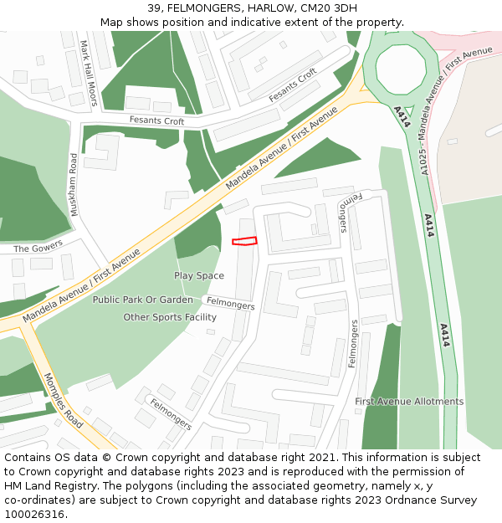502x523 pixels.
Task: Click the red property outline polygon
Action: coord(244,242)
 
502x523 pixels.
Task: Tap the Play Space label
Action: coord(199,276)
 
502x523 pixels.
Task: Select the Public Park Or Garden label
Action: coord(142,300)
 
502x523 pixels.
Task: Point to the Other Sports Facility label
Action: coord(170,317)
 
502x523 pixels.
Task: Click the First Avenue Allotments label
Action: coord(409,402)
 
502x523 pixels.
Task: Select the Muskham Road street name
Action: coord(74,185)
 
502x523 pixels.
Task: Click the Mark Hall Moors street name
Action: coord(90,74)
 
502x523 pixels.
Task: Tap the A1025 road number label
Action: coord(426,156)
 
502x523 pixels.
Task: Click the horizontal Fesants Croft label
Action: coord(156,120)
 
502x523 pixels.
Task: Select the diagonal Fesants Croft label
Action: coord(293,86)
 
